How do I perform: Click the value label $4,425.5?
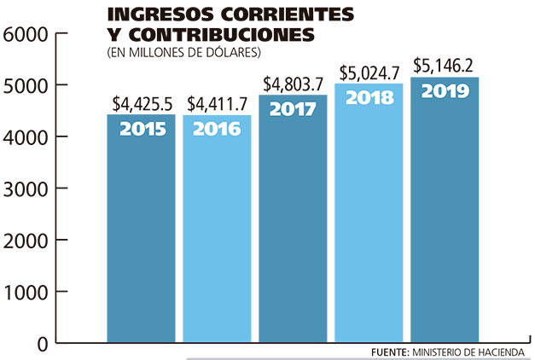coord(141,104)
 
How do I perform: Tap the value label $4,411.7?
coord(217,104)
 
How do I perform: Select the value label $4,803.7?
coord(293,84)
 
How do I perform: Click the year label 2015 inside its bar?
coord(141,130)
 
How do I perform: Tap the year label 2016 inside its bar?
coord(217,130)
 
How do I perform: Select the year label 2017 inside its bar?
coord(293,110)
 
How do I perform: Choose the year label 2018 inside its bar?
coord(369,97)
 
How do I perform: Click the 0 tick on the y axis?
coord(38,343)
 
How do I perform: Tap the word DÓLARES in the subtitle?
coord(237,53)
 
